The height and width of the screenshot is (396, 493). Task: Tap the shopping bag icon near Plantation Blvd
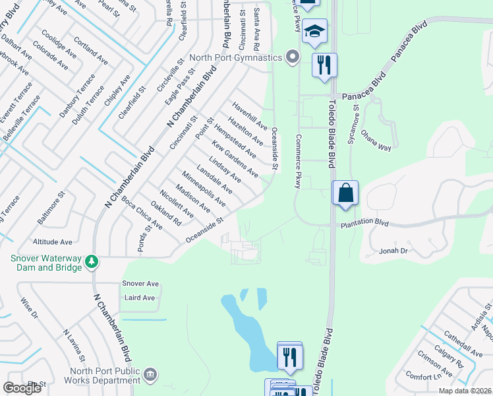click(x=345, y=193)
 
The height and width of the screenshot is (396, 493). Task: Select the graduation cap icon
click(x=315, y=31)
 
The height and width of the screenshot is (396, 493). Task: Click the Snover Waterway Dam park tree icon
click(x=92, y=263)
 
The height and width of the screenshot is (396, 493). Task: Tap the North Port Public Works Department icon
click(x=150, y=375)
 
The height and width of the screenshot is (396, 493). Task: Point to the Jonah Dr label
click(x=394, y=251)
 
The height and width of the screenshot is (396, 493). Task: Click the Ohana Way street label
click(x=376, y=145)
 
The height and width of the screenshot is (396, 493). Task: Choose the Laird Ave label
click(x=138, y=298)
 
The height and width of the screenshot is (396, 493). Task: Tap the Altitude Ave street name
click(x=57, y=242)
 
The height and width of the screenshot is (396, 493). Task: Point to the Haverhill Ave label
click(x=249, y=115)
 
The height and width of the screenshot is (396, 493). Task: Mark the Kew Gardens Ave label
click(x=235, y=158)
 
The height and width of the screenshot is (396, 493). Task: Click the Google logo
click(x=22, y=388)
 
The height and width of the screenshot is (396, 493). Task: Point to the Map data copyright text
click(x=464, y=391)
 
